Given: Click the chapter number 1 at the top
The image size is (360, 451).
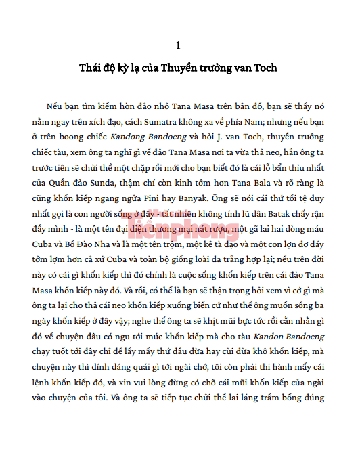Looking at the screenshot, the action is pyautogui.click(x=178, y=46).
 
